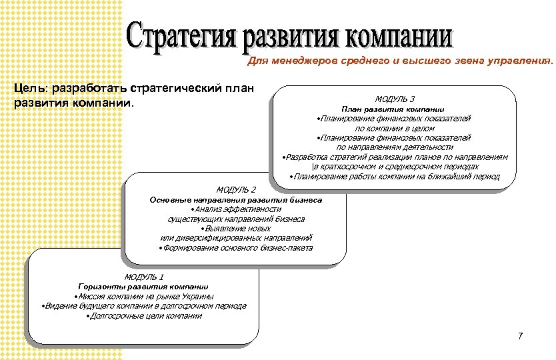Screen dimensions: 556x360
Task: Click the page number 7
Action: pyautogui.click(x=521, y=335)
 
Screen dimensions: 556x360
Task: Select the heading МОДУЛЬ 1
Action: pyautogui.click(x=144, y=276)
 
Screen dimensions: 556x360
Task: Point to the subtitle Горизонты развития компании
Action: pyautogui.click(x=143, y=286)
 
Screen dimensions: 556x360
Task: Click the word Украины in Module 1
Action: pyautogui.click(x=197, y=296)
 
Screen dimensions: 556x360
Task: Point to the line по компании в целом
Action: pyautogui.click(x=395, y=128)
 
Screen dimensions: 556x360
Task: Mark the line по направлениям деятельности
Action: pyautogui.click(x=395, y=147)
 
